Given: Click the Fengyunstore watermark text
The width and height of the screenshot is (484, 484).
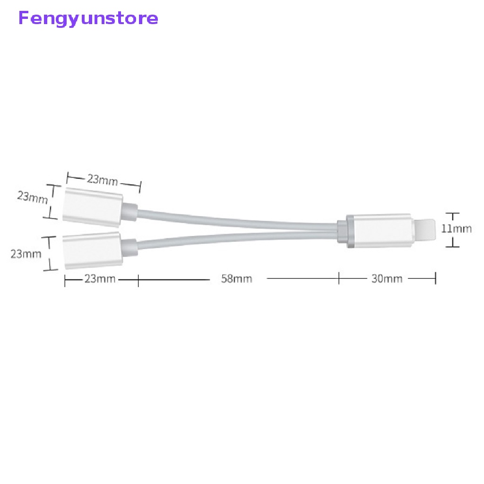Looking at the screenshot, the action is click(x=88, y=18).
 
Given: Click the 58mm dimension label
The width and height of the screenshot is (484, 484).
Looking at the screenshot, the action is click(x=237, y=278).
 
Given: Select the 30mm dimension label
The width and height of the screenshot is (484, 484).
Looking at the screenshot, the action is click(x=387, y=278).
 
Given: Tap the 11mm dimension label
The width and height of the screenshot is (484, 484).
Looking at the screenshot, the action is click(x=456, y=229).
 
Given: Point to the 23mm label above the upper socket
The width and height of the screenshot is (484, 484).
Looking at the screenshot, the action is click(x=102, y=179).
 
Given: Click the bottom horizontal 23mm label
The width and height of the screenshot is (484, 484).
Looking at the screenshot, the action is click(x=100, y=278).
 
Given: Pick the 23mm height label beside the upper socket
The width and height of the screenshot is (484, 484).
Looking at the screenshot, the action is click(x=32, y=196).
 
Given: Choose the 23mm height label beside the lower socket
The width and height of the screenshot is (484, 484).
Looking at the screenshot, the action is click(x=26, y=254).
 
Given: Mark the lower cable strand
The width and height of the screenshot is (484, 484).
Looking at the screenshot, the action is click(x=236, y=236).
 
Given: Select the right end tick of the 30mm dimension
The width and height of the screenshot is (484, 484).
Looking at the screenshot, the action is click(x=435, y=278).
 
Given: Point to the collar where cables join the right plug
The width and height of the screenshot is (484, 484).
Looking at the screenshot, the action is click(x=343, y=230).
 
